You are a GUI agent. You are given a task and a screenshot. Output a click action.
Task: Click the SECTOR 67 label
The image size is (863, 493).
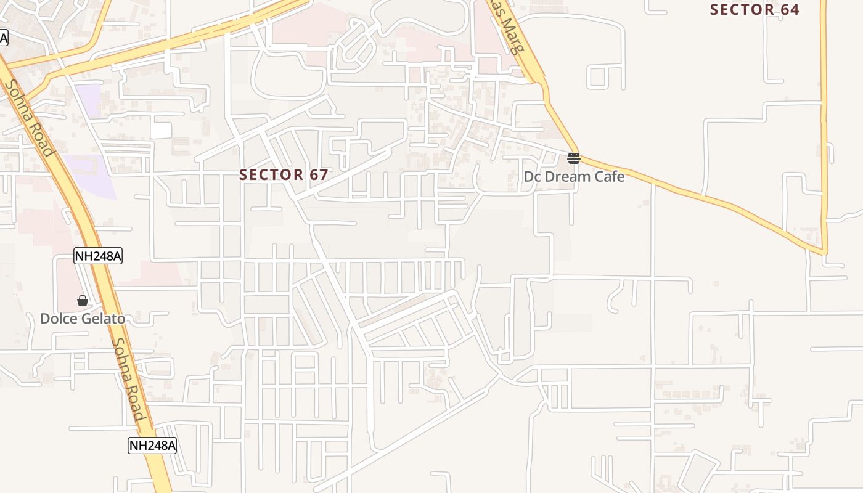click(284, 175)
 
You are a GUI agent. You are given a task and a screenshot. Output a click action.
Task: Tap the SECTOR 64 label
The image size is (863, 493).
click(754, 10)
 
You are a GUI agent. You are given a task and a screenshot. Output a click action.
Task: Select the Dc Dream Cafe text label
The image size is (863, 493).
click(574, 177)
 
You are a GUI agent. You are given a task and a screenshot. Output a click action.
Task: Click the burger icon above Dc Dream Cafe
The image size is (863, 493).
click(574, 158)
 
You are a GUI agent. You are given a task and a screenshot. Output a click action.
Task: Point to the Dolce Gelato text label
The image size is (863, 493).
click(83, 319)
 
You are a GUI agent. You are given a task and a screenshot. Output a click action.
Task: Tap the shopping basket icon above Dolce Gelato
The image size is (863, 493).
click(83, 301)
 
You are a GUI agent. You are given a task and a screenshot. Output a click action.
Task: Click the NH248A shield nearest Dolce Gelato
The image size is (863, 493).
click(98, 256)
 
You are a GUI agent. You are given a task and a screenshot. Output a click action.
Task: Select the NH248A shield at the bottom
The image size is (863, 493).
click(152, 445)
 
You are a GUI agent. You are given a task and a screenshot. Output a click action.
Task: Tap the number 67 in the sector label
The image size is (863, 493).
click(319, 175)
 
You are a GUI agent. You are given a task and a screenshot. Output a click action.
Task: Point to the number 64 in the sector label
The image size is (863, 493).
click(789, 10)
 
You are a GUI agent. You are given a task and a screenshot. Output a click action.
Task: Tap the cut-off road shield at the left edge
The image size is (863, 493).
click(3, 38)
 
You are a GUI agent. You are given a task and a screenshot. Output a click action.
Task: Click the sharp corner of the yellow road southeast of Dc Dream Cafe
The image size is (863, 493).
click(825, 251)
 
